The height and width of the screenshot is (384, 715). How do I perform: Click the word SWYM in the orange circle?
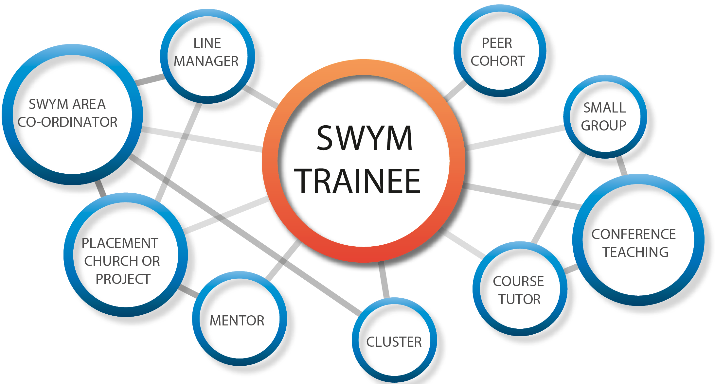tap(364, 138)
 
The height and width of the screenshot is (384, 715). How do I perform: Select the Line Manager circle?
tap(207, 56)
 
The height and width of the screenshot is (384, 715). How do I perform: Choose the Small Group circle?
tap(605, 117)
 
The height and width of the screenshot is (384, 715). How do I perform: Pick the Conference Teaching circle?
tap(638, 240)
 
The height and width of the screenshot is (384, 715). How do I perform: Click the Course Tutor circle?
tap(519, 289)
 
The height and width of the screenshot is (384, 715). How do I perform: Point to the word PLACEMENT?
tap(120, 243)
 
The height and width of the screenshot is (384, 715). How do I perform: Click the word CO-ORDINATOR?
tap(67, 122)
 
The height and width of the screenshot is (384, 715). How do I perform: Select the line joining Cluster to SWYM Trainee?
tap(384, 280)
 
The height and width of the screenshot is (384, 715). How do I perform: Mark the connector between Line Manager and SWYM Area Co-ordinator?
tap(150, 80)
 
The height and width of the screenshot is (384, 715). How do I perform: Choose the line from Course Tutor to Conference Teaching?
tap(571, 269)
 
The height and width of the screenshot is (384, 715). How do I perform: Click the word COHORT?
tap(497, 61)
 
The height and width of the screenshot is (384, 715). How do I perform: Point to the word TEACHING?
tap(635, 253)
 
